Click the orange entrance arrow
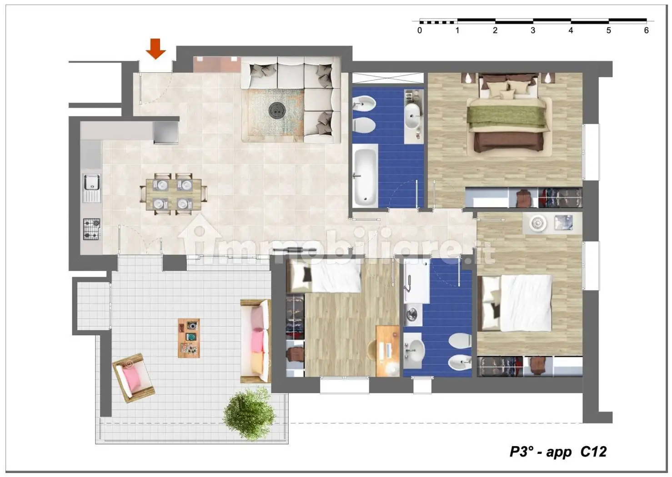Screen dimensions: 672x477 (x=155, y=49)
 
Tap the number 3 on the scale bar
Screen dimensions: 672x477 (x=533, y=30)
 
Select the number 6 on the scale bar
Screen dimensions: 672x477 (x=646, y=30)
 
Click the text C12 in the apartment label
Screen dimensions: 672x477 (x=594, y=452)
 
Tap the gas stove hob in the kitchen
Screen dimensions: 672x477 (x=91, y=229)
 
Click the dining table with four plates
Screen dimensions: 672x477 (x=173, y=194)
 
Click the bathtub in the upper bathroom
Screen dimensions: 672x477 (x=365, y=176)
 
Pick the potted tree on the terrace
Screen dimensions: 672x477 (x=250, y=414)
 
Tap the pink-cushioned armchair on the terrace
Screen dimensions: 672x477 (x=134, y=378)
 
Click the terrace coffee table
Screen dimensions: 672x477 (x=189, y=338)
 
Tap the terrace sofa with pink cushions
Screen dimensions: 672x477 (x=256, y=341)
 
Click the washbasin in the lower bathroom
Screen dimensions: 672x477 (x=414, y=350)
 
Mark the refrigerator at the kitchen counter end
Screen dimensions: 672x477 (x=166, y=132)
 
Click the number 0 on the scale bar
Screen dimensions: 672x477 (x=419, y=30)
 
